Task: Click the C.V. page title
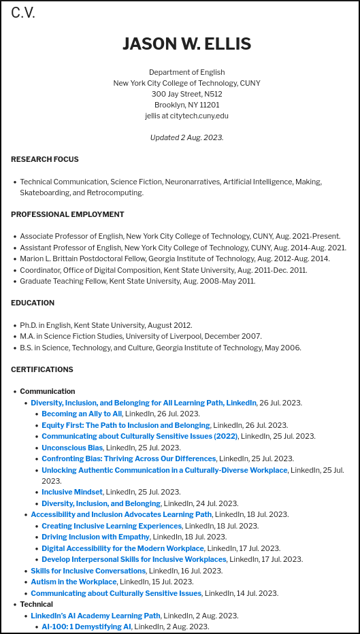pyautogui.click(x=23, y=13)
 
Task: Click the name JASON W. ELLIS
pyautogui.click(x=186, y=44)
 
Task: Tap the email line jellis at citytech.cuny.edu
pyautogui.click(x=186, y=116)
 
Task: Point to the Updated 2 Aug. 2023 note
pyautogui.click(x=186, y=137)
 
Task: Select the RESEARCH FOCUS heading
pyautogui.click(x=45, y=159)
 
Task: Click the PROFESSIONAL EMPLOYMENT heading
pyautogui.click(x=67, y=214)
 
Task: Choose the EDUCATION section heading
pyautogui.click(x=33, y=303)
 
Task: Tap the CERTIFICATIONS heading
pyautogui.click(x=42, y=369)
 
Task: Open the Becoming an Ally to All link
pyautogui.click(x=82, y=414)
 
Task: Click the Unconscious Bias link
pyautogui.click(x=72, y=448)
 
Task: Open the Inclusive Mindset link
pyautogui.click(x=72, y=492)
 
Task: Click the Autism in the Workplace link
pyautogui.click(x=73, y=582)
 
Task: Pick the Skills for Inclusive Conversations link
pyautogui.click(x=88, y=571)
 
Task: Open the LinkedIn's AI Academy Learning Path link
pyautogui.click(x=95, y=616)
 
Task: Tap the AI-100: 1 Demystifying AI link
pyautogui.click(x=86, y=627)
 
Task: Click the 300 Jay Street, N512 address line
pyautogui.click(x=186, y=94)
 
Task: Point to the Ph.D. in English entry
pyautogui.click(x=105, y=325)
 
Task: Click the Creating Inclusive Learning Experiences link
pyautogui.click(x=112, y=526)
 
